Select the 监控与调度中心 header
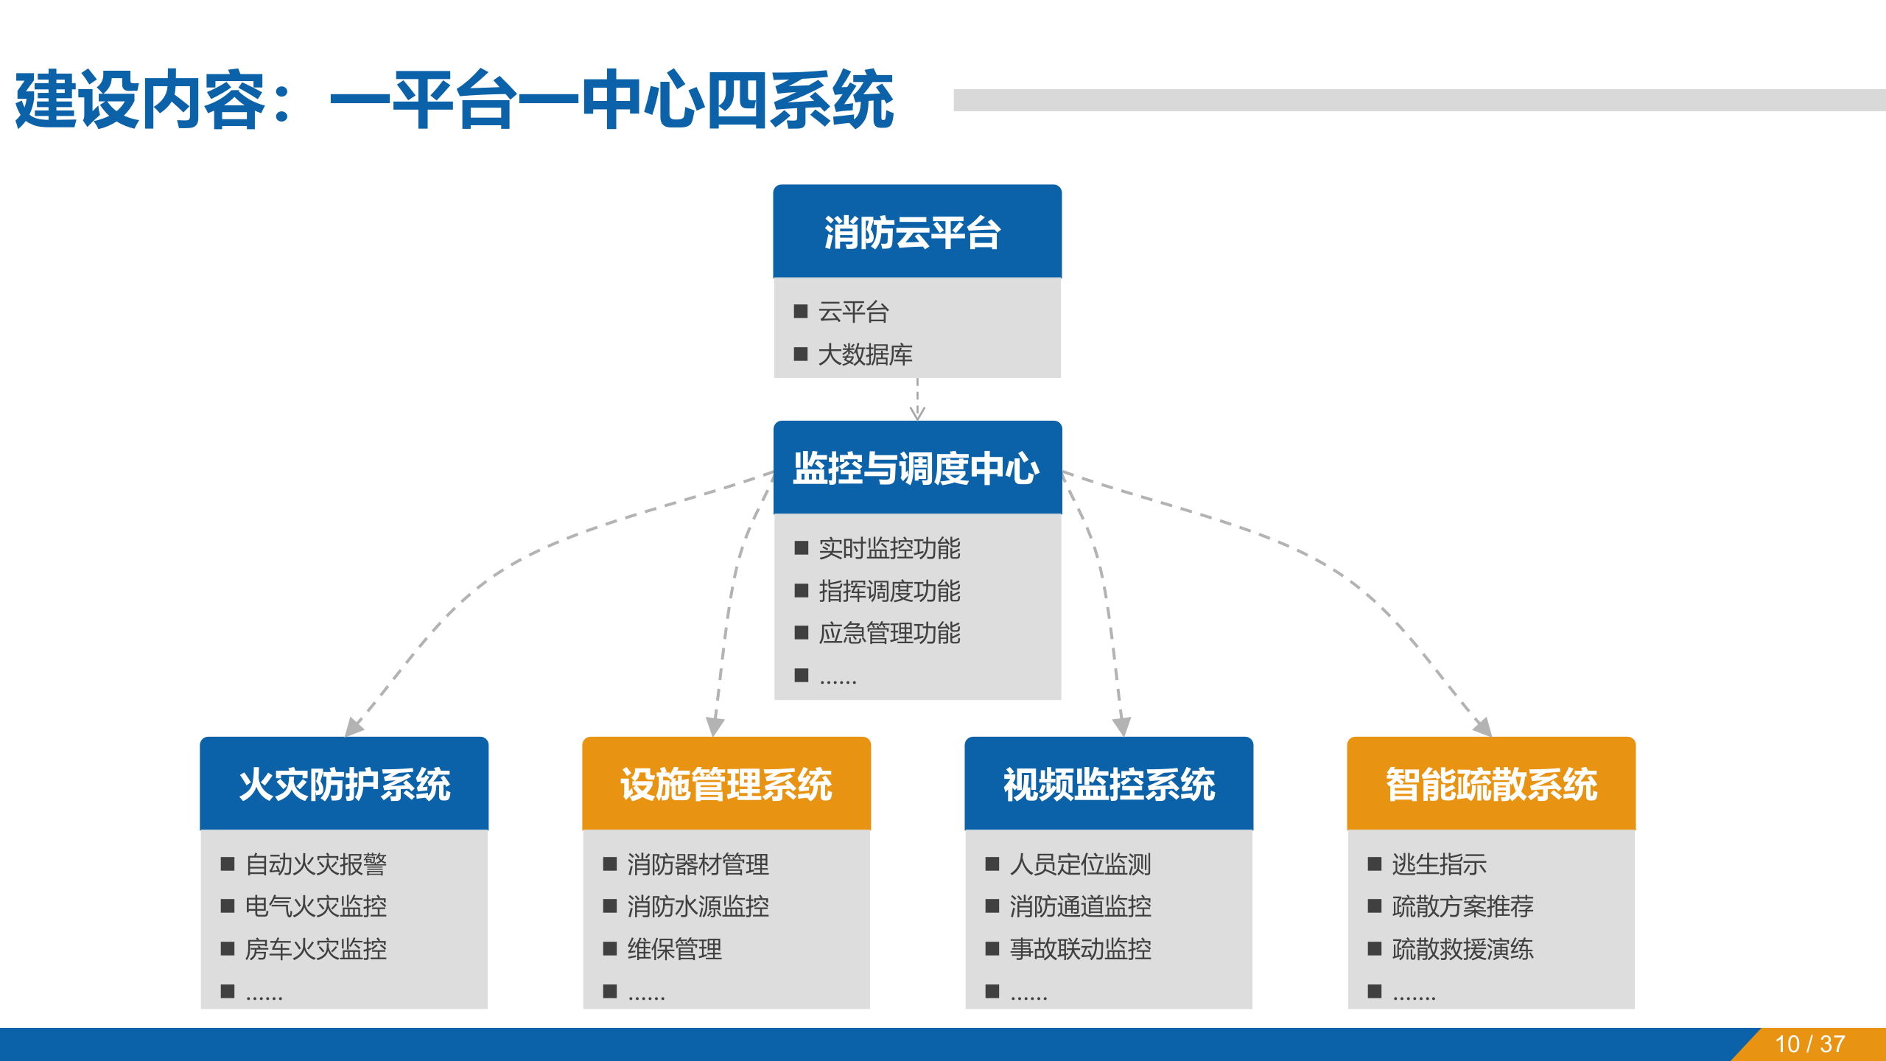pos(916,468)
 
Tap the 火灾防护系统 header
pos(344,784)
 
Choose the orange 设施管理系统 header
pos(726,784)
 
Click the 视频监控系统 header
pos(1109,784)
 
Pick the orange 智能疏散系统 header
pos(1491,784)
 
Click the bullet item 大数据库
pos(865,354)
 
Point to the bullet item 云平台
pos(853,312)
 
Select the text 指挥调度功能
pos(889,591)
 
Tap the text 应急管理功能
pos(889,633)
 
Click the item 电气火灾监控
pos(315,906)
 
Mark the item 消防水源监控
pos(698,906)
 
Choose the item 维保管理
pos(674,949)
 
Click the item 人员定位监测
pos(1080,864)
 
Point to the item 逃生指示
pos(1439,864)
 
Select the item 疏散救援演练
pos(1462,949)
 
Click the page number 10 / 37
pos(1810,1044)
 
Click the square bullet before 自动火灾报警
pos(228,864)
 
